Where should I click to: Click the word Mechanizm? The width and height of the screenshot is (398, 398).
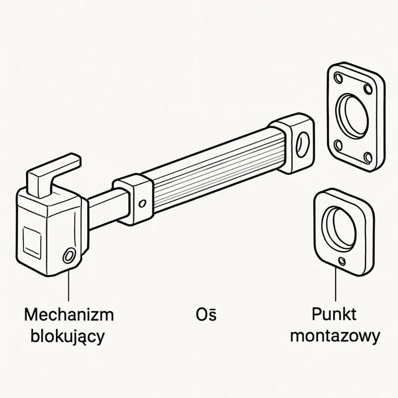[68, 314]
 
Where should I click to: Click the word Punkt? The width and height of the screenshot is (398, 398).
[334, 314]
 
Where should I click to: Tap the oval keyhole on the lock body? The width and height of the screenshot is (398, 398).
[68, 255]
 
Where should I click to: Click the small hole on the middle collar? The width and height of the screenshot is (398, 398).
[142, 203]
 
